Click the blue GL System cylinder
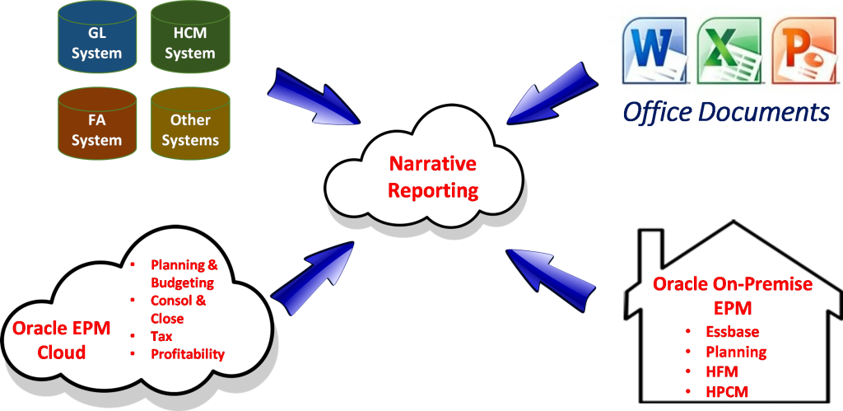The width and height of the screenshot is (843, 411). click(x=96, y=44)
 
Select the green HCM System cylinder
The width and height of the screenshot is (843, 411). click(x=189, y=44)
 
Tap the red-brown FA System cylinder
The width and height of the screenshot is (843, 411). click(x=96, y=130)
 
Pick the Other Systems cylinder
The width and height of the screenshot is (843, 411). click(x=190, y=130)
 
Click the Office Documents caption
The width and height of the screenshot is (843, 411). click(x=725, y=111)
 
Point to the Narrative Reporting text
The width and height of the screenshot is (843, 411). click(x=432, y=177)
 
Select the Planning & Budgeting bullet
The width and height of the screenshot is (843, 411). click(x=183, y=273)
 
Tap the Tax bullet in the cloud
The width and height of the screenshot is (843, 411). click(x=161, y=336)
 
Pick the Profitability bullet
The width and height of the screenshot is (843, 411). click(x=187, y=354)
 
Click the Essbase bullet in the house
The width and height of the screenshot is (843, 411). click(x=732, y=333)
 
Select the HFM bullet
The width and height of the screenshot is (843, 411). click(x=722, y=371)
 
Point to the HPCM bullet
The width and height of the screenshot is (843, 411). click(x=727, y=391)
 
